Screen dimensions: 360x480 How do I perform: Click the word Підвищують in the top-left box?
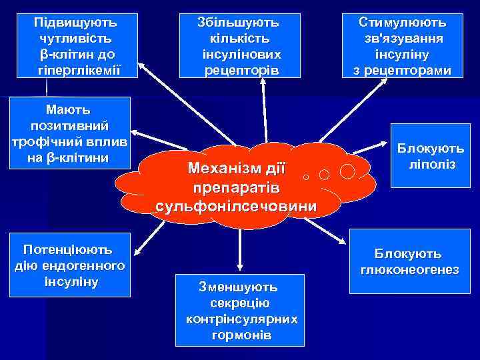pos(74,22)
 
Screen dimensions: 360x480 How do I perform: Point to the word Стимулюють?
pos(402,22)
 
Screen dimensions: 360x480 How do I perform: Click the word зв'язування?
pos(402,38)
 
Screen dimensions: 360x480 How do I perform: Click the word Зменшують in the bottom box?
pos(238,287)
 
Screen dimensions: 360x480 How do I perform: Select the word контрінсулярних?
pos(241,319)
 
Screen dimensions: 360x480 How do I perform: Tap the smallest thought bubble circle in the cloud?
pos(305,178)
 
